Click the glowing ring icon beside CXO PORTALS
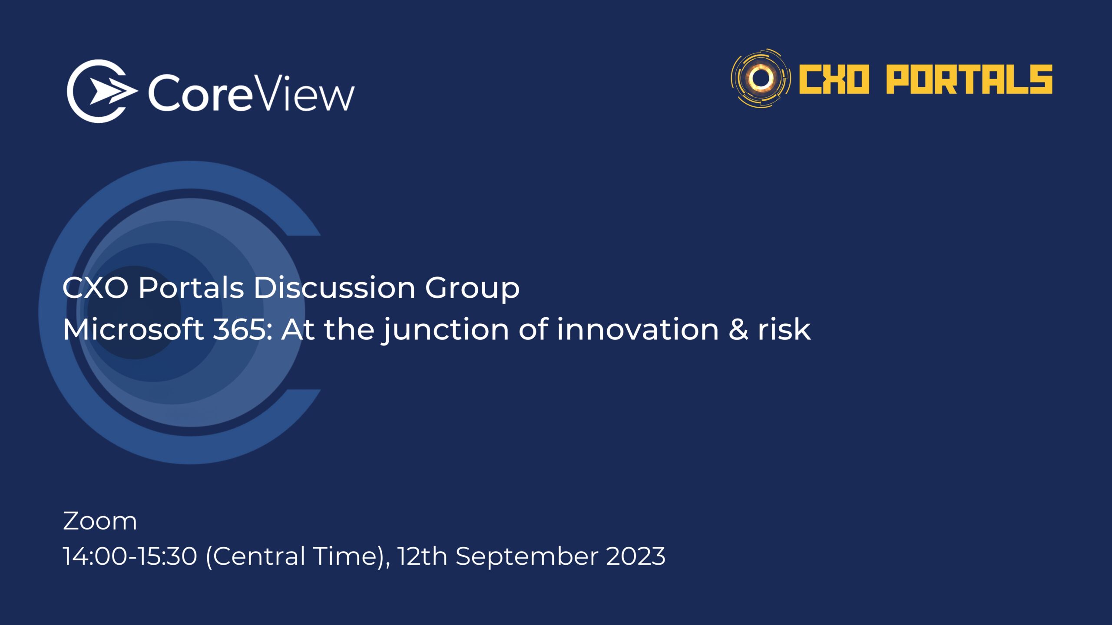[x=761, y=78]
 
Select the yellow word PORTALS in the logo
[x=969, y=79]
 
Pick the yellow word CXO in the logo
[x=834, y=79]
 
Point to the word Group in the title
[x=472, y=289]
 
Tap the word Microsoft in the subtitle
[x=133, y=329]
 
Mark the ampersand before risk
[x=738, y=329]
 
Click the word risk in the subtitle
[x=784, y=329]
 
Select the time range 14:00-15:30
[x=130, y=556]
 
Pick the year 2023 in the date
[x=635, y=556]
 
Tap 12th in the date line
[x=422, y=556]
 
